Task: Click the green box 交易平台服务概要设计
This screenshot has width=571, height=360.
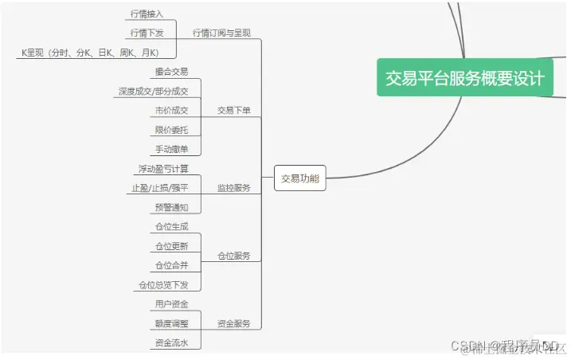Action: (x=465, y=78)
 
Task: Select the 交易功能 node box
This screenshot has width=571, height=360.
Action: (x=300, y=179)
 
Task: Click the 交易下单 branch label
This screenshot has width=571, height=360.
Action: (x=233, y=111)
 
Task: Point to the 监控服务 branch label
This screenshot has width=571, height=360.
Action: (x=233, y=188)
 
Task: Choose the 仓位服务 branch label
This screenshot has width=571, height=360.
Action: (x=233, y=256)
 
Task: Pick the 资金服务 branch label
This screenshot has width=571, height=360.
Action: (x=233, y=323)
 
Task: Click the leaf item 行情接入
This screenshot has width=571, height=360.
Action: (x=147, y=14)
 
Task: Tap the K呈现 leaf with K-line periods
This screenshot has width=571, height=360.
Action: (x=90, y=53)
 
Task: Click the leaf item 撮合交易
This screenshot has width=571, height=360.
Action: (x=171, y=72)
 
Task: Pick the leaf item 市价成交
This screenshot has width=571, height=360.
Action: (x=171, y=111)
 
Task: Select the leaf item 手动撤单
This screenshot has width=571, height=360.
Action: (x=171, y=149)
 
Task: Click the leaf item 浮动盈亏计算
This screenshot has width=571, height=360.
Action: (x=162, y=169)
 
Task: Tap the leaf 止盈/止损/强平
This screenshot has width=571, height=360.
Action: (x=160, y=188)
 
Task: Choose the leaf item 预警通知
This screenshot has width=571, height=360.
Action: (x=171, y=207)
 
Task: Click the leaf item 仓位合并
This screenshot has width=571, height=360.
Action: (x=171, y=265)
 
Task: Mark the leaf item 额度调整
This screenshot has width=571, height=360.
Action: (x=171, y=323)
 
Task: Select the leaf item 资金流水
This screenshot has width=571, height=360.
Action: (x=171, y=342)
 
